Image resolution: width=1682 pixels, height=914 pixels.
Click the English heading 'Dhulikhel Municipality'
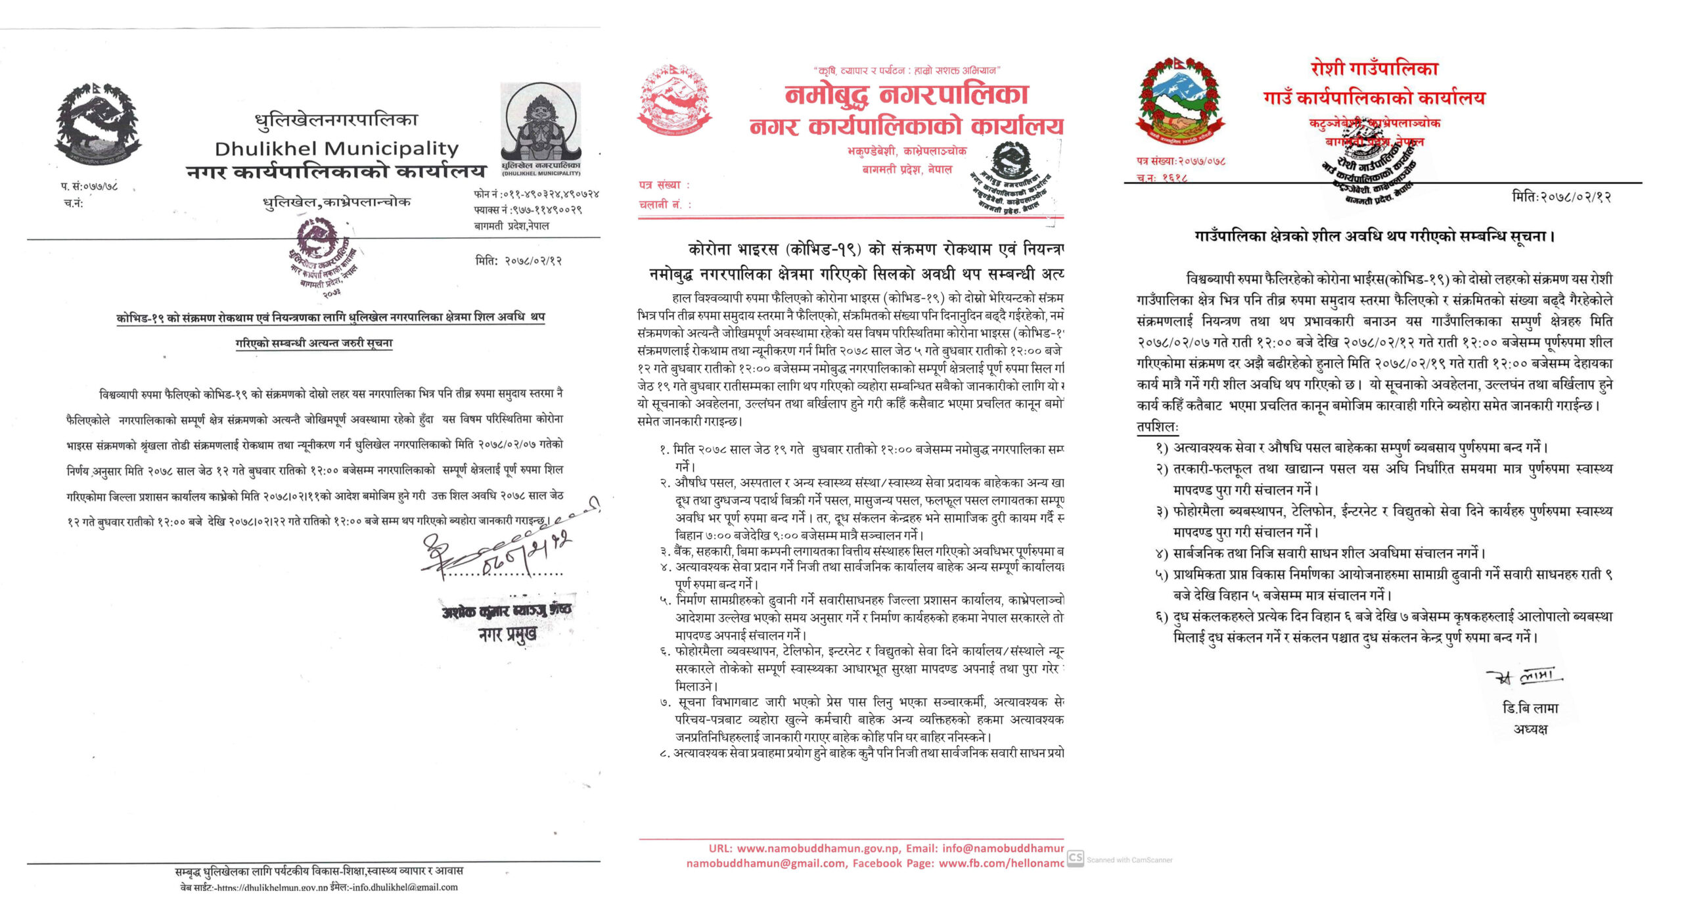point(336,149)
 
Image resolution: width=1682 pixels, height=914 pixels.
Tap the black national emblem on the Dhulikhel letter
point(98,126)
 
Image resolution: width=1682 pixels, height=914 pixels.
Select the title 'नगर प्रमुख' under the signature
point(507,634)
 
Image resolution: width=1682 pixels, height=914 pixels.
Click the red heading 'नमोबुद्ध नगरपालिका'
point(907,96)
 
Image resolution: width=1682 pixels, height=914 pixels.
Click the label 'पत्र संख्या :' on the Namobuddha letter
point(664,185)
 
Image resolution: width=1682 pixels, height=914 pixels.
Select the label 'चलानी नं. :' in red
point(665,204)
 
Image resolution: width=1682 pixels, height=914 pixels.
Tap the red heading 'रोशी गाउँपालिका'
point(1375,69)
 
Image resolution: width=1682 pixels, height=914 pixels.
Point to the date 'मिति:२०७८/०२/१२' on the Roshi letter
point(1561,196)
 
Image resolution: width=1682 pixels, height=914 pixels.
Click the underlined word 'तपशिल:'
point(1158,426)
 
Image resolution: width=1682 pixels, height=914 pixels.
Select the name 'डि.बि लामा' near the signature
point(1530,708)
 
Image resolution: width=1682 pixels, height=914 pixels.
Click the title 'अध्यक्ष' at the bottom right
point(1530,729)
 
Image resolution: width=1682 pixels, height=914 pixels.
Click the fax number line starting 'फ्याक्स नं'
point(528,210)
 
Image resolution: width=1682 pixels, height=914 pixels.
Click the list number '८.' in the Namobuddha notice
point(665,754)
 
